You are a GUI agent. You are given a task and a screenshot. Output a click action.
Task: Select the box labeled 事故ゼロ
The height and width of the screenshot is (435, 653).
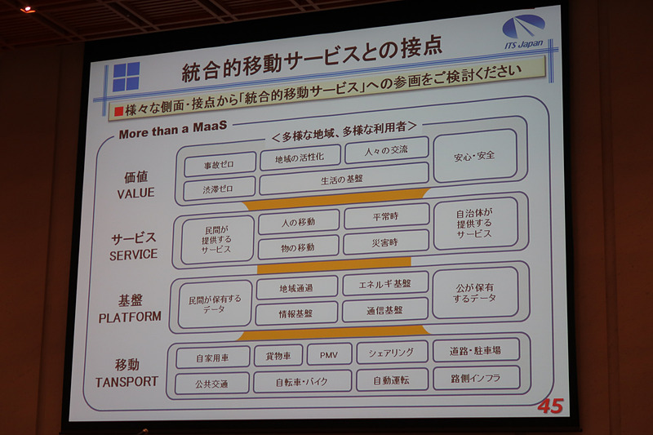point(219,164)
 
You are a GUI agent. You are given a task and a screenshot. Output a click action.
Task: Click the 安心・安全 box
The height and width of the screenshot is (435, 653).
point(474,155)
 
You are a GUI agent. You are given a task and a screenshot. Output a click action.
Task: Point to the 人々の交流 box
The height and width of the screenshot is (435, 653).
point(386,150)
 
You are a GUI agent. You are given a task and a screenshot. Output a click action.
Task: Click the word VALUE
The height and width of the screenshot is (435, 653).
point(135,193)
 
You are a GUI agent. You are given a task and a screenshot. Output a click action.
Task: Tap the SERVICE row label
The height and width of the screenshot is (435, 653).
point(133,255)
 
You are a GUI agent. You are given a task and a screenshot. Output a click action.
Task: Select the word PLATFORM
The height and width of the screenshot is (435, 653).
point(130,317)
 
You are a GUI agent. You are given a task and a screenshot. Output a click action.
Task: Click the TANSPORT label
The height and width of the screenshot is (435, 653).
point(127,381)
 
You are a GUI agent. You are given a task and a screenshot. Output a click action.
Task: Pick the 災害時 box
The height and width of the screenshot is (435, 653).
point(386,242)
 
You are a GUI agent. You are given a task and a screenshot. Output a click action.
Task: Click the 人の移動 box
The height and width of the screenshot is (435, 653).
point(298,222)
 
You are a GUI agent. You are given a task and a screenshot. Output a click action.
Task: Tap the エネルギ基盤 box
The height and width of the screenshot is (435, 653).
point(384,284)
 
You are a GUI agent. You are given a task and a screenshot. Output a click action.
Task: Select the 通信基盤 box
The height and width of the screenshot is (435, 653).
point(384,310)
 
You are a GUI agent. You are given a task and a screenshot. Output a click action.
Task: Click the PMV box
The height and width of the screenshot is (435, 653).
point(329,354)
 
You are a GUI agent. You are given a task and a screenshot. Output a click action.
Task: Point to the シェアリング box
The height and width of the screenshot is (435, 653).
point(391,353)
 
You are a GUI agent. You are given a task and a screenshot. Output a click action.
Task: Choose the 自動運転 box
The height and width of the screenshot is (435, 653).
point(391,380)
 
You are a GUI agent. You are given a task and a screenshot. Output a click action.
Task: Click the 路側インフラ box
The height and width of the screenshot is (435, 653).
point(475,378)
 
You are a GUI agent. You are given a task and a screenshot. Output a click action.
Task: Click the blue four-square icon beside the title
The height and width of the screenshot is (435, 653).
point(126,77)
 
